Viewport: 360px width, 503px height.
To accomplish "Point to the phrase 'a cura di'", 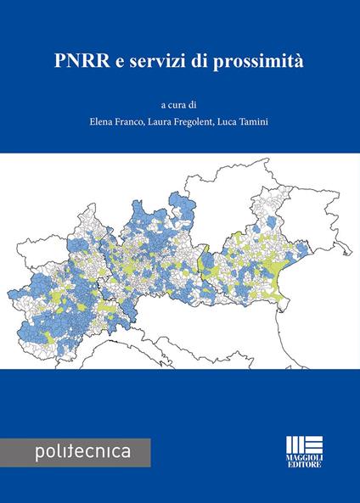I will pos(180,105).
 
